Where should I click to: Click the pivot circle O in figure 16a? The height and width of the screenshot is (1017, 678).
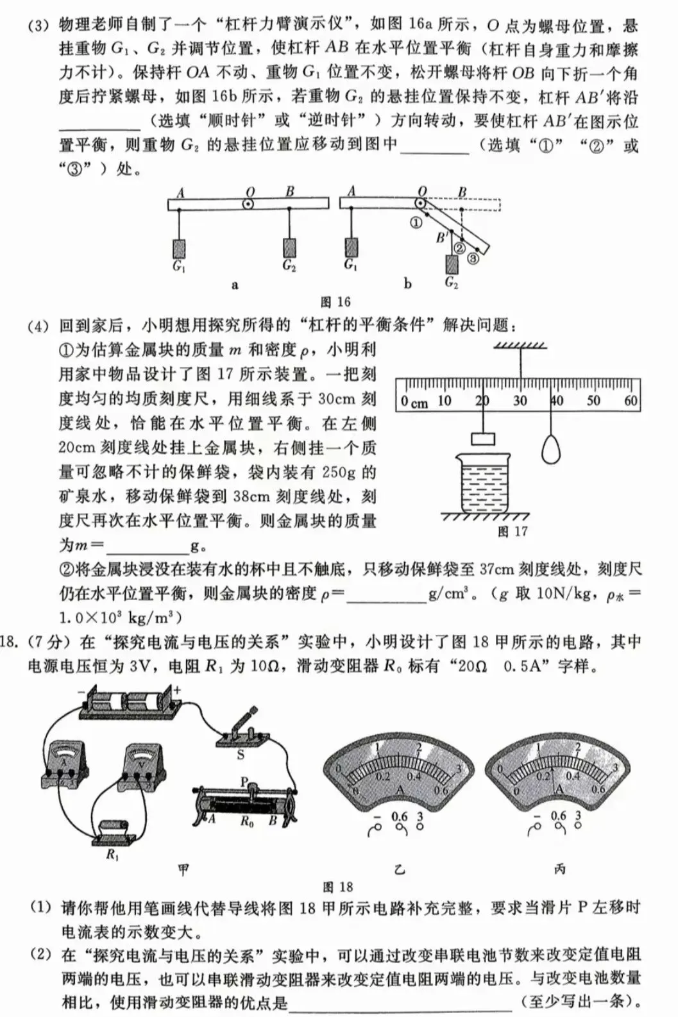click(248, 205)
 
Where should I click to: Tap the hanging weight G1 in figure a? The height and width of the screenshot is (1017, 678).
click(179, 248)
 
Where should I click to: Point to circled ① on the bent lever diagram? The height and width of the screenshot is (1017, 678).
click(416, 223)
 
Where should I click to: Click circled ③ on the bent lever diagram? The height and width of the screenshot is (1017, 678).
click(473, 258)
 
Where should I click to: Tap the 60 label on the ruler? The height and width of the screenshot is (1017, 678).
click(631, 401)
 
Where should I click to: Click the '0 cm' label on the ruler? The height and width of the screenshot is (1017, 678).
click(414, 402)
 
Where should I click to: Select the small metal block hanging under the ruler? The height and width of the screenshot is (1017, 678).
click(483, 439)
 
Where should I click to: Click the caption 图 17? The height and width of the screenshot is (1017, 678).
click(512, 532)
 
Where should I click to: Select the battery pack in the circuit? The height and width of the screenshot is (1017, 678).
click(129, 702)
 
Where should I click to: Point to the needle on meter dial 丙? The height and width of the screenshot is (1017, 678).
click(552, 773)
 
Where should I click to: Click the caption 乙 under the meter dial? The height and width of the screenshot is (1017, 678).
click(400, 870)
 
